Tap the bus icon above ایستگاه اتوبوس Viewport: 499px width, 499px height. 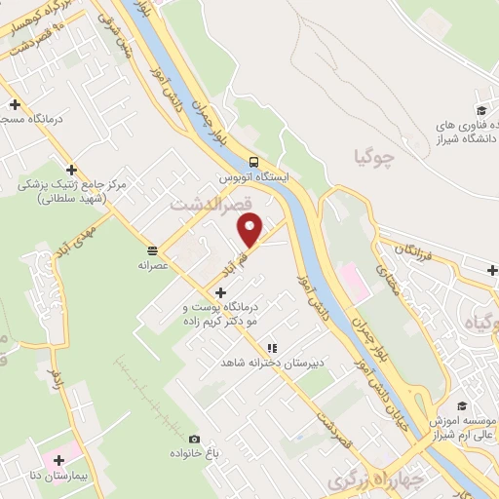click(x=254, y=162)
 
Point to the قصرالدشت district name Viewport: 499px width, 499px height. click(x=211, y=207)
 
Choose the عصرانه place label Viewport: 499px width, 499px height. click(x=154, y=263)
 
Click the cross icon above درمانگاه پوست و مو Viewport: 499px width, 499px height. click(x=223, y=291)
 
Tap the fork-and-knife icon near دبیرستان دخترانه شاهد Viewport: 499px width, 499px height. click(x=274, y=347)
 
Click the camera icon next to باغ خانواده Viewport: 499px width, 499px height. click(x=195, y=440)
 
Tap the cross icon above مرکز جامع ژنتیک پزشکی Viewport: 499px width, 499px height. click(x=71, y=169)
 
